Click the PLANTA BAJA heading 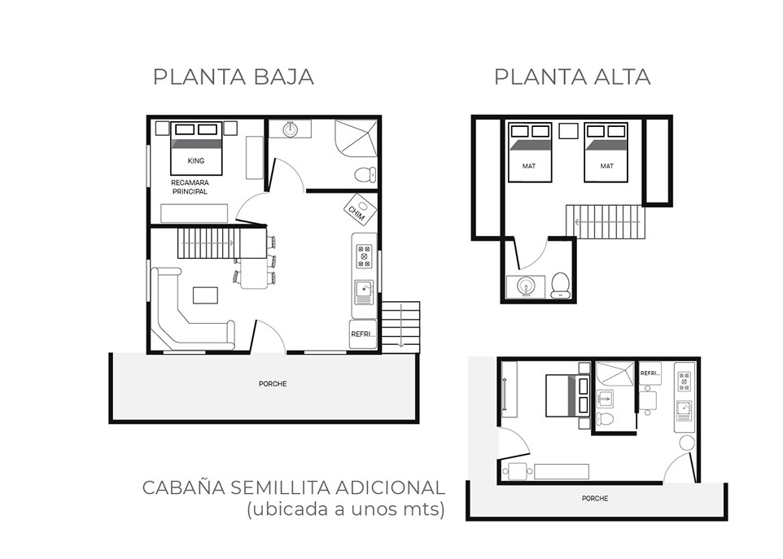234,77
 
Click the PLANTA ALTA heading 572,77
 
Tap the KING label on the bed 195,161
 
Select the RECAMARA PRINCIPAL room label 190,187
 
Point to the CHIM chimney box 361,208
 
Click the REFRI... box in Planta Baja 363,334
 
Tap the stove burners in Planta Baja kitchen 364,255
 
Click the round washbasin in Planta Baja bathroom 290,130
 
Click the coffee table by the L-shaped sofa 206,295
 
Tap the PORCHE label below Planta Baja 273,384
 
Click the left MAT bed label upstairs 529,166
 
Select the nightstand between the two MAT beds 568,131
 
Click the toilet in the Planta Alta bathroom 560,285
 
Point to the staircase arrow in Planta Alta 606,222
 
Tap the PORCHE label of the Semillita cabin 595,499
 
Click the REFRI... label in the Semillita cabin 650,373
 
